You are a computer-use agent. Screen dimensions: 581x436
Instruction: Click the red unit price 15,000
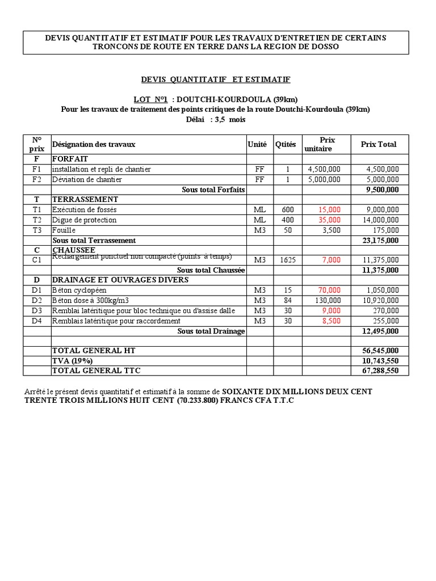tap(330, 209)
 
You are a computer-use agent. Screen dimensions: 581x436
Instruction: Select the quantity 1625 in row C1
tap(288, 260)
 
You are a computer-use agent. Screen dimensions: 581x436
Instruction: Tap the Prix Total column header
tap(379, 144)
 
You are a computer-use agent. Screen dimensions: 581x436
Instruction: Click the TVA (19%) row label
tap(72, 361)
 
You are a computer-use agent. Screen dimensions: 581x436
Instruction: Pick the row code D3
tap(37, 310)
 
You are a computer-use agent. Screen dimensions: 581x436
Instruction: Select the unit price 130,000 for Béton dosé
tap(325, 300)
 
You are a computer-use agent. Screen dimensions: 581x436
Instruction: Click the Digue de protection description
tap(84, 220)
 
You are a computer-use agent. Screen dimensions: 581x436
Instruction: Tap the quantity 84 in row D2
tap(288, 300)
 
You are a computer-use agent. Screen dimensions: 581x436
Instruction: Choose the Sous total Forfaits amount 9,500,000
tap(382, 190)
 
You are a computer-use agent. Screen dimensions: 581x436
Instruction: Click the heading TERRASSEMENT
tap(85, 199)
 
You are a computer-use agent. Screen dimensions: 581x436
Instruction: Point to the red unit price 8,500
tap(332, 321)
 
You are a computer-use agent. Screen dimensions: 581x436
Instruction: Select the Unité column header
tap(257, 145)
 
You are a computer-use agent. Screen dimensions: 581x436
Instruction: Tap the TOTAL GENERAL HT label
tap(94, 351)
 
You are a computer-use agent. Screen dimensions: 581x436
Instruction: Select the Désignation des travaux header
tap(94, 145)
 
